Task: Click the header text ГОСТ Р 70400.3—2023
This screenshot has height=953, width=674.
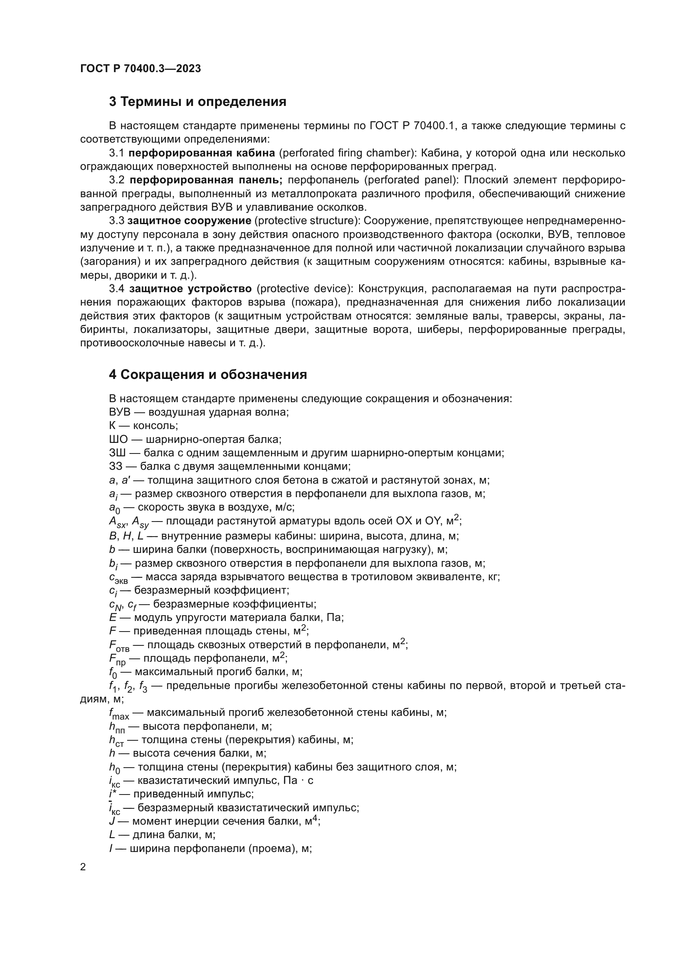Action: point(140,68)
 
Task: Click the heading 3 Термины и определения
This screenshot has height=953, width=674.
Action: point(198,102)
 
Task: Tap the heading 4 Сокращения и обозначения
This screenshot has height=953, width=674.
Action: point(208,375)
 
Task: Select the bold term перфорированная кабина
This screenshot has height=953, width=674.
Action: point(201,153)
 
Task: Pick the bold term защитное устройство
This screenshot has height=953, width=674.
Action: point(190,288)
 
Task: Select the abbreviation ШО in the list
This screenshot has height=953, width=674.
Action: point(116,439)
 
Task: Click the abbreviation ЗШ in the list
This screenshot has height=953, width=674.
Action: point(116,453)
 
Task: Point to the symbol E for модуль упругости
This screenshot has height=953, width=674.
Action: point(112,618)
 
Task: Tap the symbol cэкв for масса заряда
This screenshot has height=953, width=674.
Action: point(118,578)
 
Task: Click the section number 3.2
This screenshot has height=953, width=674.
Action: point(117,180)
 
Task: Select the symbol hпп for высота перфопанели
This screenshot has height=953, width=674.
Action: point(117,727)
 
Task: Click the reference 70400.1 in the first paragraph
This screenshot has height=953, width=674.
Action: point(434,126)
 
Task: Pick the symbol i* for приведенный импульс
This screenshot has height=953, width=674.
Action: point(113,794)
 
